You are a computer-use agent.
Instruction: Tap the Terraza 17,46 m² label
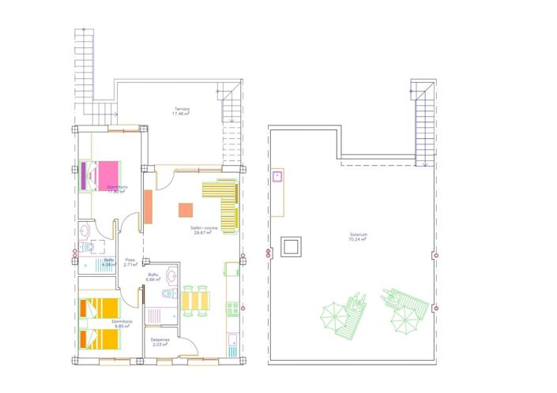coord(183,112)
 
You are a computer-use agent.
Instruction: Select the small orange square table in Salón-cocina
coord(186,210)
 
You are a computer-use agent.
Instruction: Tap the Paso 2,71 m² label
coord(130,262)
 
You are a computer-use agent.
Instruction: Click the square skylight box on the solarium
coord(292,246)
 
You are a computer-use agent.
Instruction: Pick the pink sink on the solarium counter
coord(278,176)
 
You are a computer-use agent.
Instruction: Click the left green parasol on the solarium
coord(337,319)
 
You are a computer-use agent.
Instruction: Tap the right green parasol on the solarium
coord(405,319)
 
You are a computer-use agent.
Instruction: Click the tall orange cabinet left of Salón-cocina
coord(148,207)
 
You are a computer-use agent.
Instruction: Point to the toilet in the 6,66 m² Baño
coord(166,294)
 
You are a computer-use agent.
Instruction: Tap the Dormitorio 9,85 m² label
coord(122,324)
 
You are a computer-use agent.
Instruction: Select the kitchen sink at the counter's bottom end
coord(233,342)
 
